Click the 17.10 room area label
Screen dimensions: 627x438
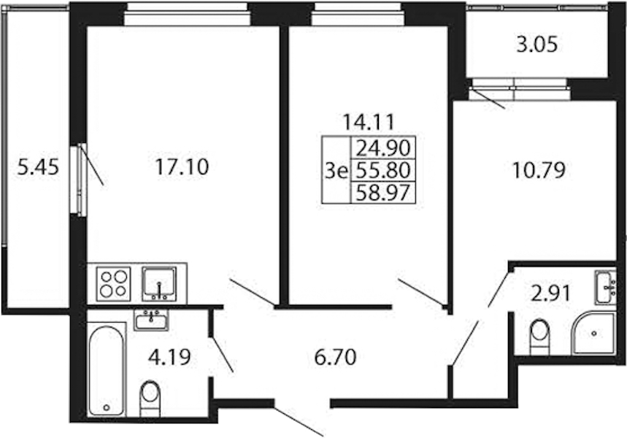(x=182, y=166)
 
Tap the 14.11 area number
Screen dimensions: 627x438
(x=369, y=122)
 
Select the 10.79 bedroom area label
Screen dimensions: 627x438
(x=539, y=170)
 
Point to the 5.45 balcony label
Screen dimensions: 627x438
(x=39, y=166)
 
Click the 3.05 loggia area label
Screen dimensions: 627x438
(x=536, y=45)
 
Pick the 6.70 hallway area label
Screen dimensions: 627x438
(x=335, y=357)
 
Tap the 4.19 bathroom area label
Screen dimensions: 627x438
(x=169, y=357)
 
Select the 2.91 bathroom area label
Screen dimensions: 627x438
(x=550, y=295)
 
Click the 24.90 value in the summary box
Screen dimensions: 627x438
(x=383, y=148)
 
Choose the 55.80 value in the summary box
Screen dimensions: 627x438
(x=383, y=170)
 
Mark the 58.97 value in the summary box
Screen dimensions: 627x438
(x=383, y=193)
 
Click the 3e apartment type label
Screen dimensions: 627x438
(x=336, y=172)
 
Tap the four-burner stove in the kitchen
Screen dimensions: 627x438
(x=114, y=283)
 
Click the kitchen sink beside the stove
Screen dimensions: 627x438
(x=159, y=284)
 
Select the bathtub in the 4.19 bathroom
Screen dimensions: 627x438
(x=106, y=370)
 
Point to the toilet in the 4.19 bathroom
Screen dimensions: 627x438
(x=150, y=398)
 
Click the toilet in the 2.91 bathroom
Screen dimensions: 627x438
(x=539, y=336)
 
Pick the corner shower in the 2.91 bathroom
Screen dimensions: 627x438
(x=593, y=333)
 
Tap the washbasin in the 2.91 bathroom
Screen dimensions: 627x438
(x=606, y=287)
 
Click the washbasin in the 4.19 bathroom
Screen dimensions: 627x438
(x=151, y=320)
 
